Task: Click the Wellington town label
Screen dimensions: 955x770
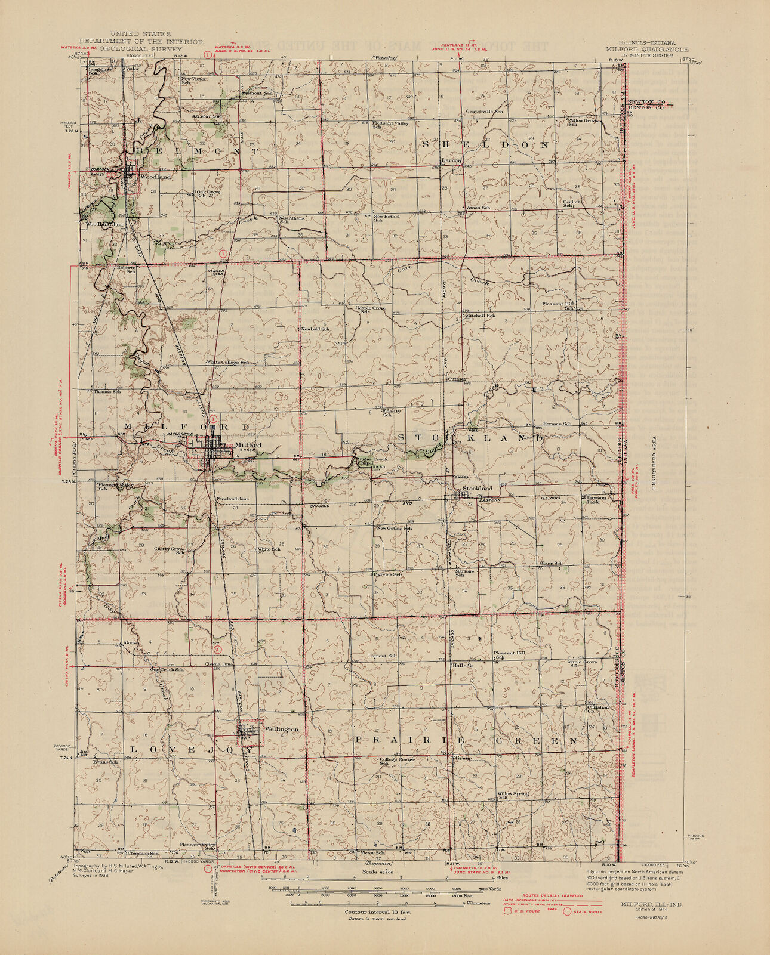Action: [281, 729]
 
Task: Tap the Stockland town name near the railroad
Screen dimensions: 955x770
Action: [477, 488]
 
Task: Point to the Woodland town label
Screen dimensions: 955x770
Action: [155, 177]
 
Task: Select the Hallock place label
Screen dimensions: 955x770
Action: [463, 665]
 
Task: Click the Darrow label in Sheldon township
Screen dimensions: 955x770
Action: [451, 160]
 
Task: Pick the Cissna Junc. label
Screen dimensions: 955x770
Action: [219, 664]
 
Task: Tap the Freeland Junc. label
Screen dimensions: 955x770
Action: [233, 499]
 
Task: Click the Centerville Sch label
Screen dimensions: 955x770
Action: [484, 112]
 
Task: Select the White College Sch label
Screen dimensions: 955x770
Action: [227, 362]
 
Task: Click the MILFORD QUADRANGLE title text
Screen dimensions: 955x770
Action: [647, 50]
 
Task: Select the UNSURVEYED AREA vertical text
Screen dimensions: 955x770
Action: [654, 456]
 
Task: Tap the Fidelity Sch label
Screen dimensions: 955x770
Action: [392, 412]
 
